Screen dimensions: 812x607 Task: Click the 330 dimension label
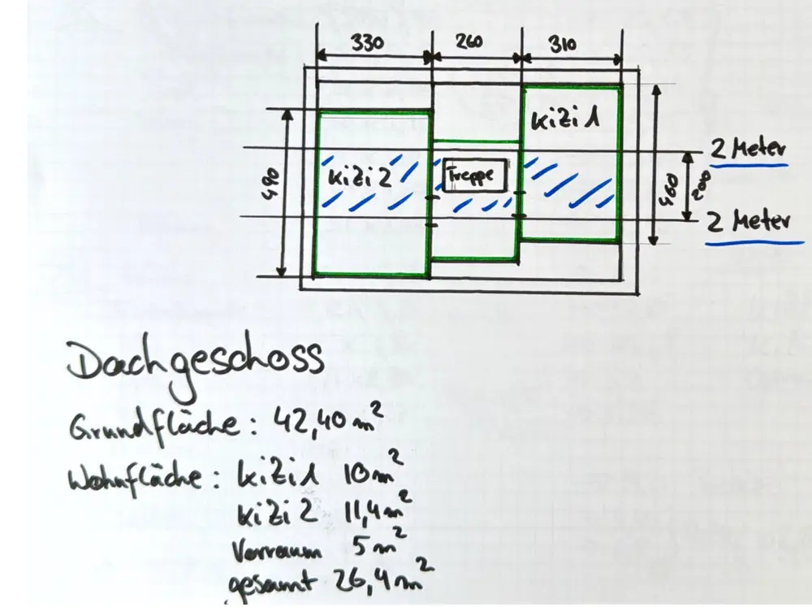tap(367, 43)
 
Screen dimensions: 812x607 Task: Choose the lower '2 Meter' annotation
tap(748, 221)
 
